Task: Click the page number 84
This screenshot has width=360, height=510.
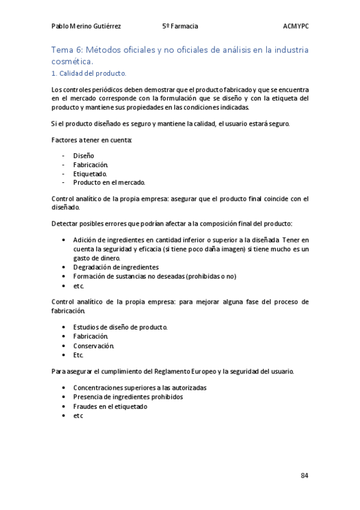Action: point(304,476)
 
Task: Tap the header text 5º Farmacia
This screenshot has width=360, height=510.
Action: point(180,26)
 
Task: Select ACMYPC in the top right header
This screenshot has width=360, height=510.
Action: point(295,26)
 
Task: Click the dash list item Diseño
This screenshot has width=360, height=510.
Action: point(84,156)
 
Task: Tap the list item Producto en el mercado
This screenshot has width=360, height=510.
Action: point(109,182)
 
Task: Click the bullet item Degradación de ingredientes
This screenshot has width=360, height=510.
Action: point(115,267)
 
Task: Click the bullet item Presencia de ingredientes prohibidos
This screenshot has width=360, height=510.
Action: point(127,397)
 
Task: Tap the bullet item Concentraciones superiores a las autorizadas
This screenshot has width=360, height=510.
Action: point(139,388)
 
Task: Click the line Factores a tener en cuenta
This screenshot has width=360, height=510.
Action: point(92,140)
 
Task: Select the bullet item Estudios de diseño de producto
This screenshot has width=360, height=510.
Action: point(120,327)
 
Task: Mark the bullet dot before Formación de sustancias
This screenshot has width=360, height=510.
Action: point(64,276)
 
